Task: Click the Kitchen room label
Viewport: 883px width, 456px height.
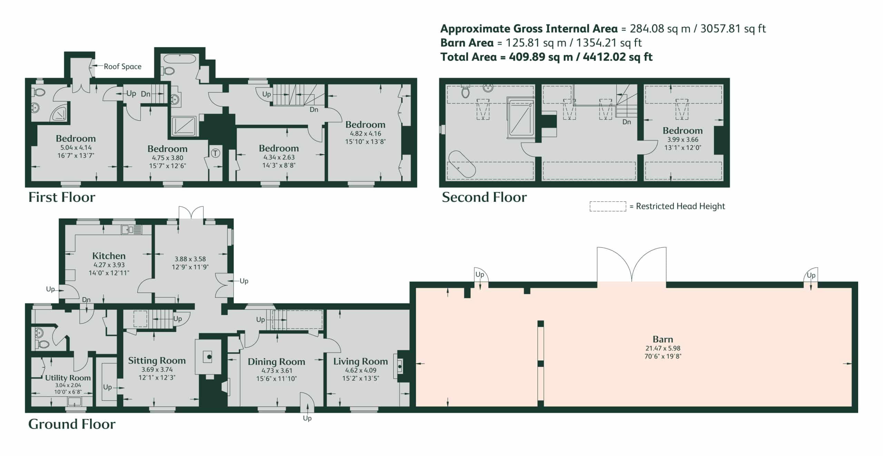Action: tap(109, 256)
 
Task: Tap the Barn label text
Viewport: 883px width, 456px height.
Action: tap(663, 339)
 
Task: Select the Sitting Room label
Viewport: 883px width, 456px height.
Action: tap(157, 361)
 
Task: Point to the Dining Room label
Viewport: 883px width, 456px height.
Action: tap(276, 362)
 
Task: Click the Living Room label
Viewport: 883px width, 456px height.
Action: tap(360, 361)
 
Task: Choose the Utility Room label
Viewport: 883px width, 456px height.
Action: tap(68, 378)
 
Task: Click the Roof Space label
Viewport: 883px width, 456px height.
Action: tap(122, 67)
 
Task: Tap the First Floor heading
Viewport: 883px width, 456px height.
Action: tap(62, 197)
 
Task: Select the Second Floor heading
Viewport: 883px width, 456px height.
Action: tap(484, 197)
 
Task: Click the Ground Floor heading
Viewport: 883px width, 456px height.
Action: tap(72, 424)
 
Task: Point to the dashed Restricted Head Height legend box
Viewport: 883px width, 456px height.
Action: tap(608, 206)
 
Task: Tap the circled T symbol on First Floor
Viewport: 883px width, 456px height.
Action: tap(215, 153)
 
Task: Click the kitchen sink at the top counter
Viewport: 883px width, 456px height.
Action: tap(131, 229)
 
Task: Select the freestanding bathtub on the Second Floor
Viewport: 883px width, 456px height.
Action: tap(462, 164)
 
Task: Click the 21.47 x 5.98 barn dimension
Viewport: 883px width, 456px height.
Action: tap(663, 348)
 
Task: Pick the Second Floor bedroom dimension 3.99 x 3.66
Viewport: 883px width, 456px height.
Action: tap(683, 140)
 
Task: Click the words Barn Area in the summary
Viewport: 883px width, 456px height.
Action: tap(467, 43)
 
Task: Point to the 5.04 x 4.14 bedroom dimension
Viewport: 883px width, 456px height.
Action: tap(76, 148)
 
